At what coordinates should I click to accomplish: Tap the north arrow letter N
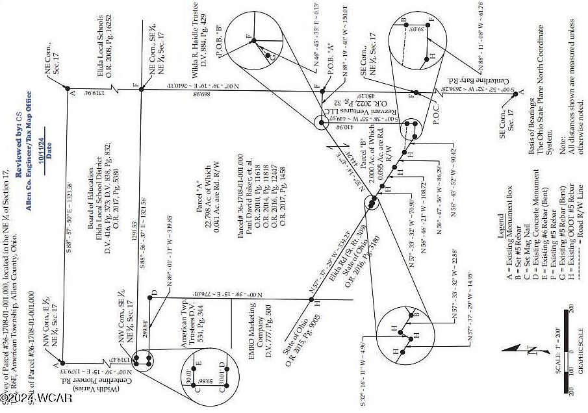point(531,351)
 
